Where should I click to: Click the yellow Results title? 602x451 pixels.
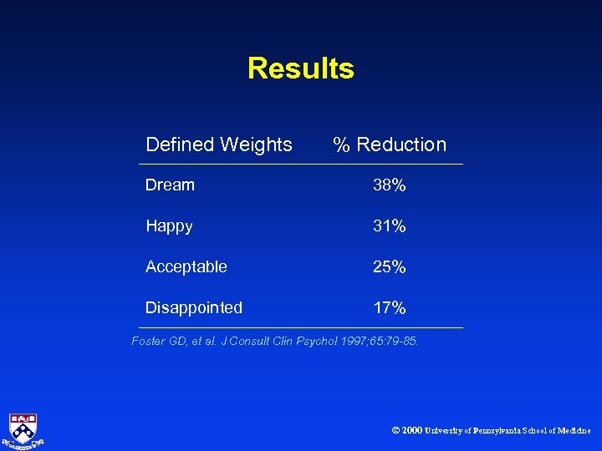[301, 68]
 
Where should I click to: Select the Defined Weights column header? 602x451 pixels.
[219, 144]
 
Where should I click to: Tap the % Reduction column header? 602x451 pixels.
[390, 144]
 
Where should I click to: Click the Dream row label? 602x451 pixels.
[170, 185]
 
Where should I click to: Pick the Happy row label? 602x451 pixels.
[169, 225]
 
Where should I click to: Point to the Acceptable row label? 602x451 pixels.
[186, 266]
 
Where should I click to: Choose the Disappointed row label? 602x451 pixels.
[194, 307]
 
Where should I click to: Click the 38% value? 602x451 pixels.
[390, 185]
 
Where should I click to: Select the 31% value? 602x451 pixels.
[390, 226]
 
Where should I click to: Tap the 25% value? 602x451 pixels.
[390, 267]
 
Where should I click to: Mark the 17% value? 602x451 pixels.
[390, 308]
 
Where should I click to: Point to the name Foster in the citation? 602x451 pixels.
[148, 341]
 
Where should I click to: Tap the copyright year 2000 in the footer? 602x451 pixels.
[411, 430]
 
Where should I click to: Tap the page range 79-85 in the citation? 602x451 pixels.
[399, 341]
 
